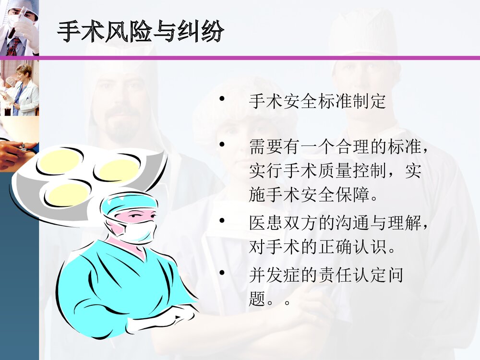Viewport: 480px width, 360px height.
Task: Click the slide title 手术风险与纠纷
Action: click(140, 33)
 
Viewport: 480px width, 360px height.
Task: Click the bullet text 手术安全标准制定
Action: click(317, 102)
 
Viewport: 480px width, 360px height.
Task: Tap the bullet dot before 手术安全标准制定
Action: click(222, 99)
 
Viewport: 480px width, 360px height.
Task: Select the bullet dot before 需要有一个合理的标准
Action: click(222, 144)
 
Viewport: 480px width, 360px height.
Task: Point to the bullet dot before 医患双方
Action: click(222, 221)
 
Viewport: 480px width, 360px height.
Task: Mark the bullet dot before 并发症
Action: click(222, 273)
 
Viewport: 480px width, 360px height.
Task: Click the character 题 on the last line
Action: click(257, 300)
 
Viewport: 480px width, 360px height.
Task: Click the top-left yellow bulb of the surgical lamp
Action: click(60, 161)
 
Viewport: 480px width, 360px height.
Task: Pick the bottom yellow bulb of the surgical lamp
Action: click(69, 193)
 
